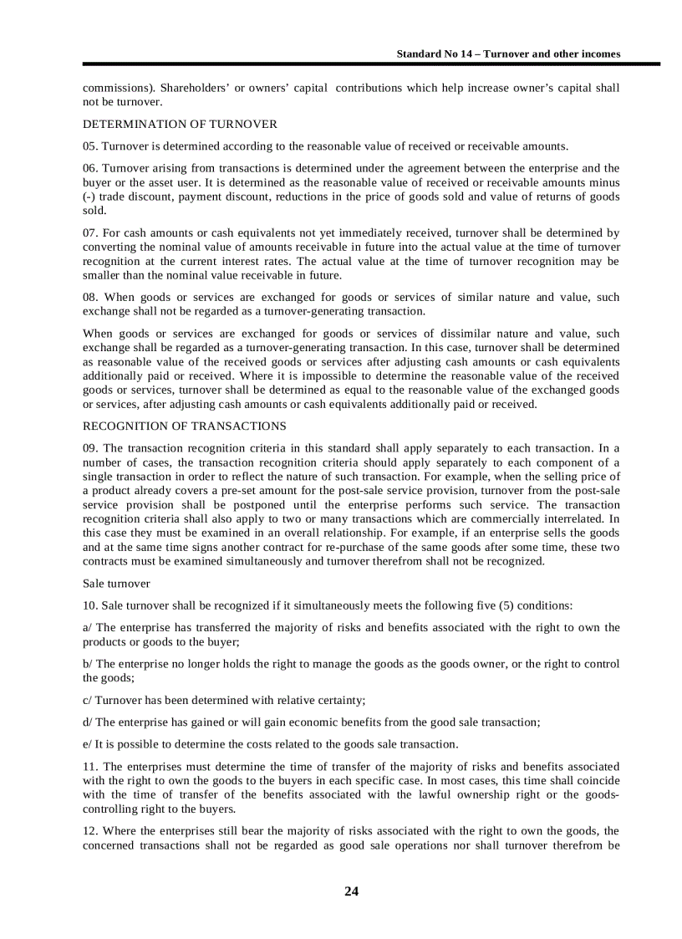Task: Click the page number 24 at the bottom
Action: click(351, 891)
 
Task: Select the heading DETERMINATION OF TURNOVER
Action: click(180, 125)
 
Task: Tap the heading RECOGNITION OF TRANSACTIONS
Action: click(184, 426)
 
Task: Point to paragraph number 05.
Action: click(90, 146)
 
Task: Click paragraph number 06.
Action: click(90, 168)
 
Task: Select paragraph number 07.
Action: click(90, 233)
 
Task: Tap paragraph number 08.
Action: click(90, 298)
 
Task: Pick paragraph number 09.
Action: click(90, 448)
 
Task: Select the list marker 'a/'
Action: click(88, 627)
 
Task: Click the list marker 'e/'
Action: click(88, 744)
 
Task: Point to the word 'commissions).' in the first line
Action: click(118, 88)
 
